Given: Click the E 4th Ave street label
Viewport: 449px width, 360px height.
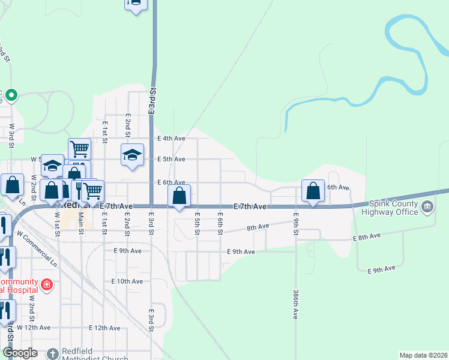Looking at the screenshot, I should tap(171, 139).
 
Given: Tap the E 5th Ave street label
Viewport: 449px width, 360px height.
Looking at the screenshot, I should tap(171, 159).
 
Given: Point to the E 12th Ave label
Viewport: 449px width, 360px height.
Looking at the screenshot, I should tap(104, 328).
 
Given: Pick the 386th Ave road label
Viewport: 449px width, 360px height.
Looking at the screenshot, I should tap(296, 305).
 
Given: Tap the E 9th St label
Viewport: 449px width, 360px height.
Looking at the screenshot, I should tap(296, 222).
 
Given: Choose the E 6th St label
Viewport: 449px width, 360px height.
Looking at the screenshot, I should tap(221, 223).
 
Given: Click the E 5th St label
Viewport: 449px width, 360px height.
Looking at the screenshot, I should tap(197, 223).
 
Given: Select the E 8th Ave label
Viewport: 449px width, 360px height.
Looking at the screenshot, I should tap(367, 238).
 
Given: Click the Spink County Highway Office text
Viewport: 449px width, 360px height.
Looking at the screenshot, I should tap(394, 208).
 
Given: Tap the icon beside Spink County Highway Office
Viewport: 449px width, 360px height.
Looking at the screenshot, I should tap(427, 208).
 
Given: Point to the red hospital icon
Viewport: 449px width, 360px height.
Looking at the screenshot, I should tap(47, 284).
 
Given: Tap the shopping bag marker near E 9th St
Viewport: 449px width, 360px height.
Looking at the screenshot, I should tap(313, 191).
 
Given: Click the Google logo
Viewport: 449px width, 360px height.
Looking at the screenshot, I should tap(20, 353).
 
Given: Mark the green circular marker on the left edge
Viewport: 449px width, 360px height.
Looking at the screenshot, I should tap(11, 95).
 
